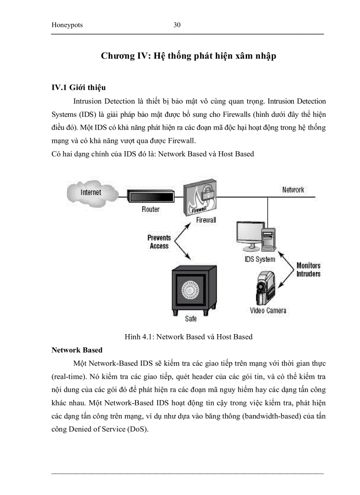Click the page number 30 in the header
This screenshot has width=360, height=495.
[x=177, y=25]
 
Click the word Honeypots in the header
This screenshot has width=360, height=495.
[x=67, y=26]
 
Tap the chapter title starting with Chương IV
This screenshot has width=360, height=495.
[x=188, y=56]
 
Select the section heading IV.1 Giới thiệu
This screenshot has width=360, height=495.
[x=79, y=88]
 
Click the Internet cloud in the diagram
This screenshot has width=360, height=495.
[x=91, y=192]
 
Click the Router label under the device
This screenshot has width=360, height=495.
[x=150, y=209]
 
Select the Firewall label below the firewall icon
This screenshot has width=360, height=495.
[x=206, y=220]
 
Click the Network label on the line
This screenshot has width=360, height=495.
[x=293, y=190]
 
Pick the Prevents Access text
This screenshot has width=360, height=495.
[x=159, y=242]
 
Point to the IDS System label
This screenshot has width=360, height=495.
[x=260, y=259]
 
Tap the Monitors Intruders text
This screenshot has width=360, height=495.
[x=308, y=269]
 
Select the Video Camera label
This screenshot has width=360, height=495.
[x=268, y=310]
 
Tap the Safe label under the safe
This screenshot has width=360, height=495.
[x=191, y=319]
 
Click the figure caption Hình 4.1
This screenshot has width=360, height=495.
[x=188, y=337]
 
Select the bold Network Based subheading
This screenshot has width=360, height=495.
[x=77, y=350]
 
